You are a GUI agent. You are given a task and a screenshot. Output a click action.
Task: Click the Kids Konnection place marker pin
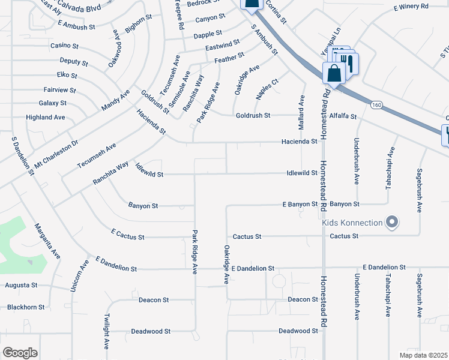tap(392, 223)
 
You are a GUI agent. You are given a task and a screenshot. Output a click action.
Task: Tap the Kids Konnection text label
tap(352, 223)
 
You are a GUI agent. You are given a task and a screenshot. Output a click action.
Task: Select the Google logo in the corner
tap(20, 352)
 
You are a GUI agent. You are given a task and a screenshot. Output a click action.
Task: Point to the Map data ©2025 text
tap(424, 355)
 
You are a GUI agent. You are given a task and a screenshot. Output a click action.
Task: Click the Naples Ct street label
tap(267, 89)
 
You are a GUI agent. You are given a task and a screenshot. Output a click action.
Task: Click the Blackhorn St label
tap(26, 307)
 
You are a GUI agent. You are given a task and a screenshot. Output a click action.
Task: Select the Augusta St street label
tap(21, 285)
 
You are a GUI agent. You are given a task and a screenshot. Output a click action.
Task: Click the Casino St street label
tap(65, 46)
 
